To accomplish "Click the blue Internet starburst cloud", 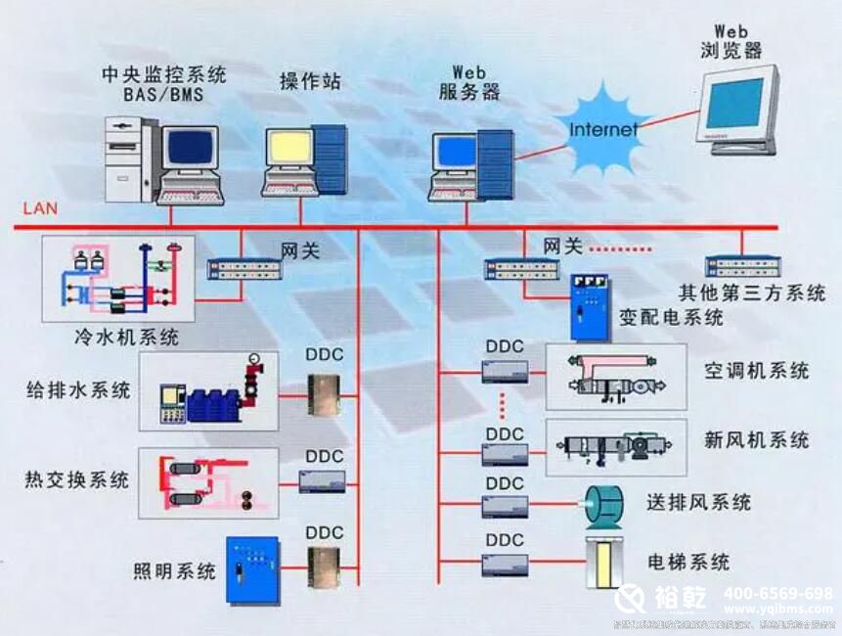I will [x=602, y=128].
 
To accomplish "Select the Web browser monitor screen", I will [x=734, y=104].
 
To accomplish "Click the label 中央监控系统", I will [x=164, y=74].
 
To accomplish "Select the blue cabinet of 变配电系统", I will [x=590, y=306].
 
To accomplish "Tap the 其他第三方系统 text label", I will [x=752, y=293].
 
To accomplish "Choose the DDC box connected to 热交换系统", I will [x=324, y=481].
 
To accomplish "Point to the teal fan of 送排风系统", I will [x=606, y=503].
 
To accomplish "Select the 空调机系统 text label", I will [x=756, y=371].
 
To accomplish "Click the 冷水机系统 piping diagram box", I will [x=118, y=279].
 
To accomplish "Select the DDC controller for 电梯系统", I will [x=505, y=565].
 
